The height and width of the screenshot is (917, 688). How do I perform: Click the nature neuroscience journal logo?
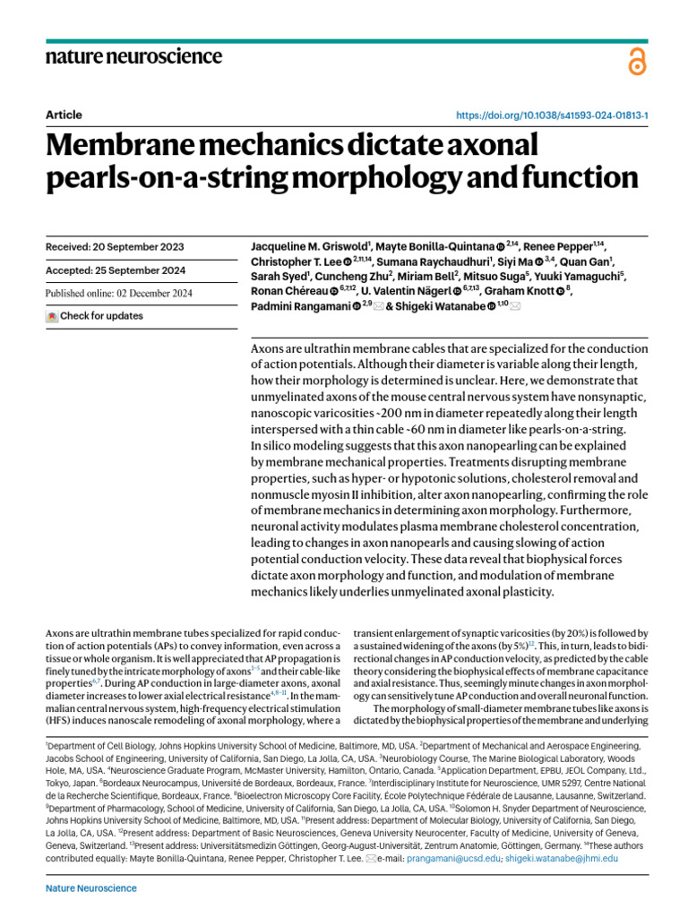(x=133, y=56)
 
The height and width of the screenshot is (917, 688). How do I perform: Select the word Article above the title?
(x=64, y=115)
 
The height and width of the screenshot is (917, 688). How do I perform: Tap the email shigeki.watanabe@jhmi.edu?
(x=562, y=858)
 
